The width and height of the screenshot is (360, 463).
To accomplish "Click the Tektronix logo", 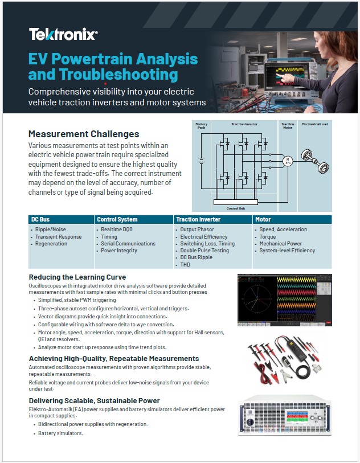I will [x=63, y=34].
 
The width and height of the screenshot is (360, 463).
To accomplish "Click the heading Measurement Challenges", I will [x=84, y=134].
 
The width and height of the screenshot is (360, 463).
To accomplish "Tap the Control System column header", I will [x=117, y=219].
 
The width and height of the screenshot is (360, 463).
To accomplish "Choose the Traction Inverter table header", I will [x=199, y=219].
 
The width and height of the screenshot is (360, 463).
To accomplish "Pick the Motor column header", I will [x=263, y=219].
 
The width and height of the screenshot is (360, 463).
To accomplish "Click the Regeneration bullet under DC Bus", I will [x=51, y=244].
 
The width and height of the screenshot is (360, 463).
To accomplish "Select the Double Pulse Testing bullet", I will [x=204, y=251].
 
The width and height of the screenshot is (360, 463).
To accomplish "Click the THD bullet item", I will [x=186, y=264].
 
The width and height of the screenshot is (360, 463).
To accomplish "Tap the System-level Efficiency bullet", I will [x=287, y=251].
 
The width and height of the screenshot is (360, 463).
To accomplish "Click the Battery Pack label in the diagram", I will [x=201, y=125].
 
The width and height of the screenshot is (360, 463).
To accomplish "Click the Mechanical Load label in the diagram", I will [x=315, y=124].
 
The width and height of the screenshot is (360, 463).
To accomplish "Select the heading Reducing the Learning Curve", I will [x=77, y=277].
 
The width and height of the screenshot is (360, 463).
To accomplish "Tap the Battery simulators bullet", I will [x=60, y=433].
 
